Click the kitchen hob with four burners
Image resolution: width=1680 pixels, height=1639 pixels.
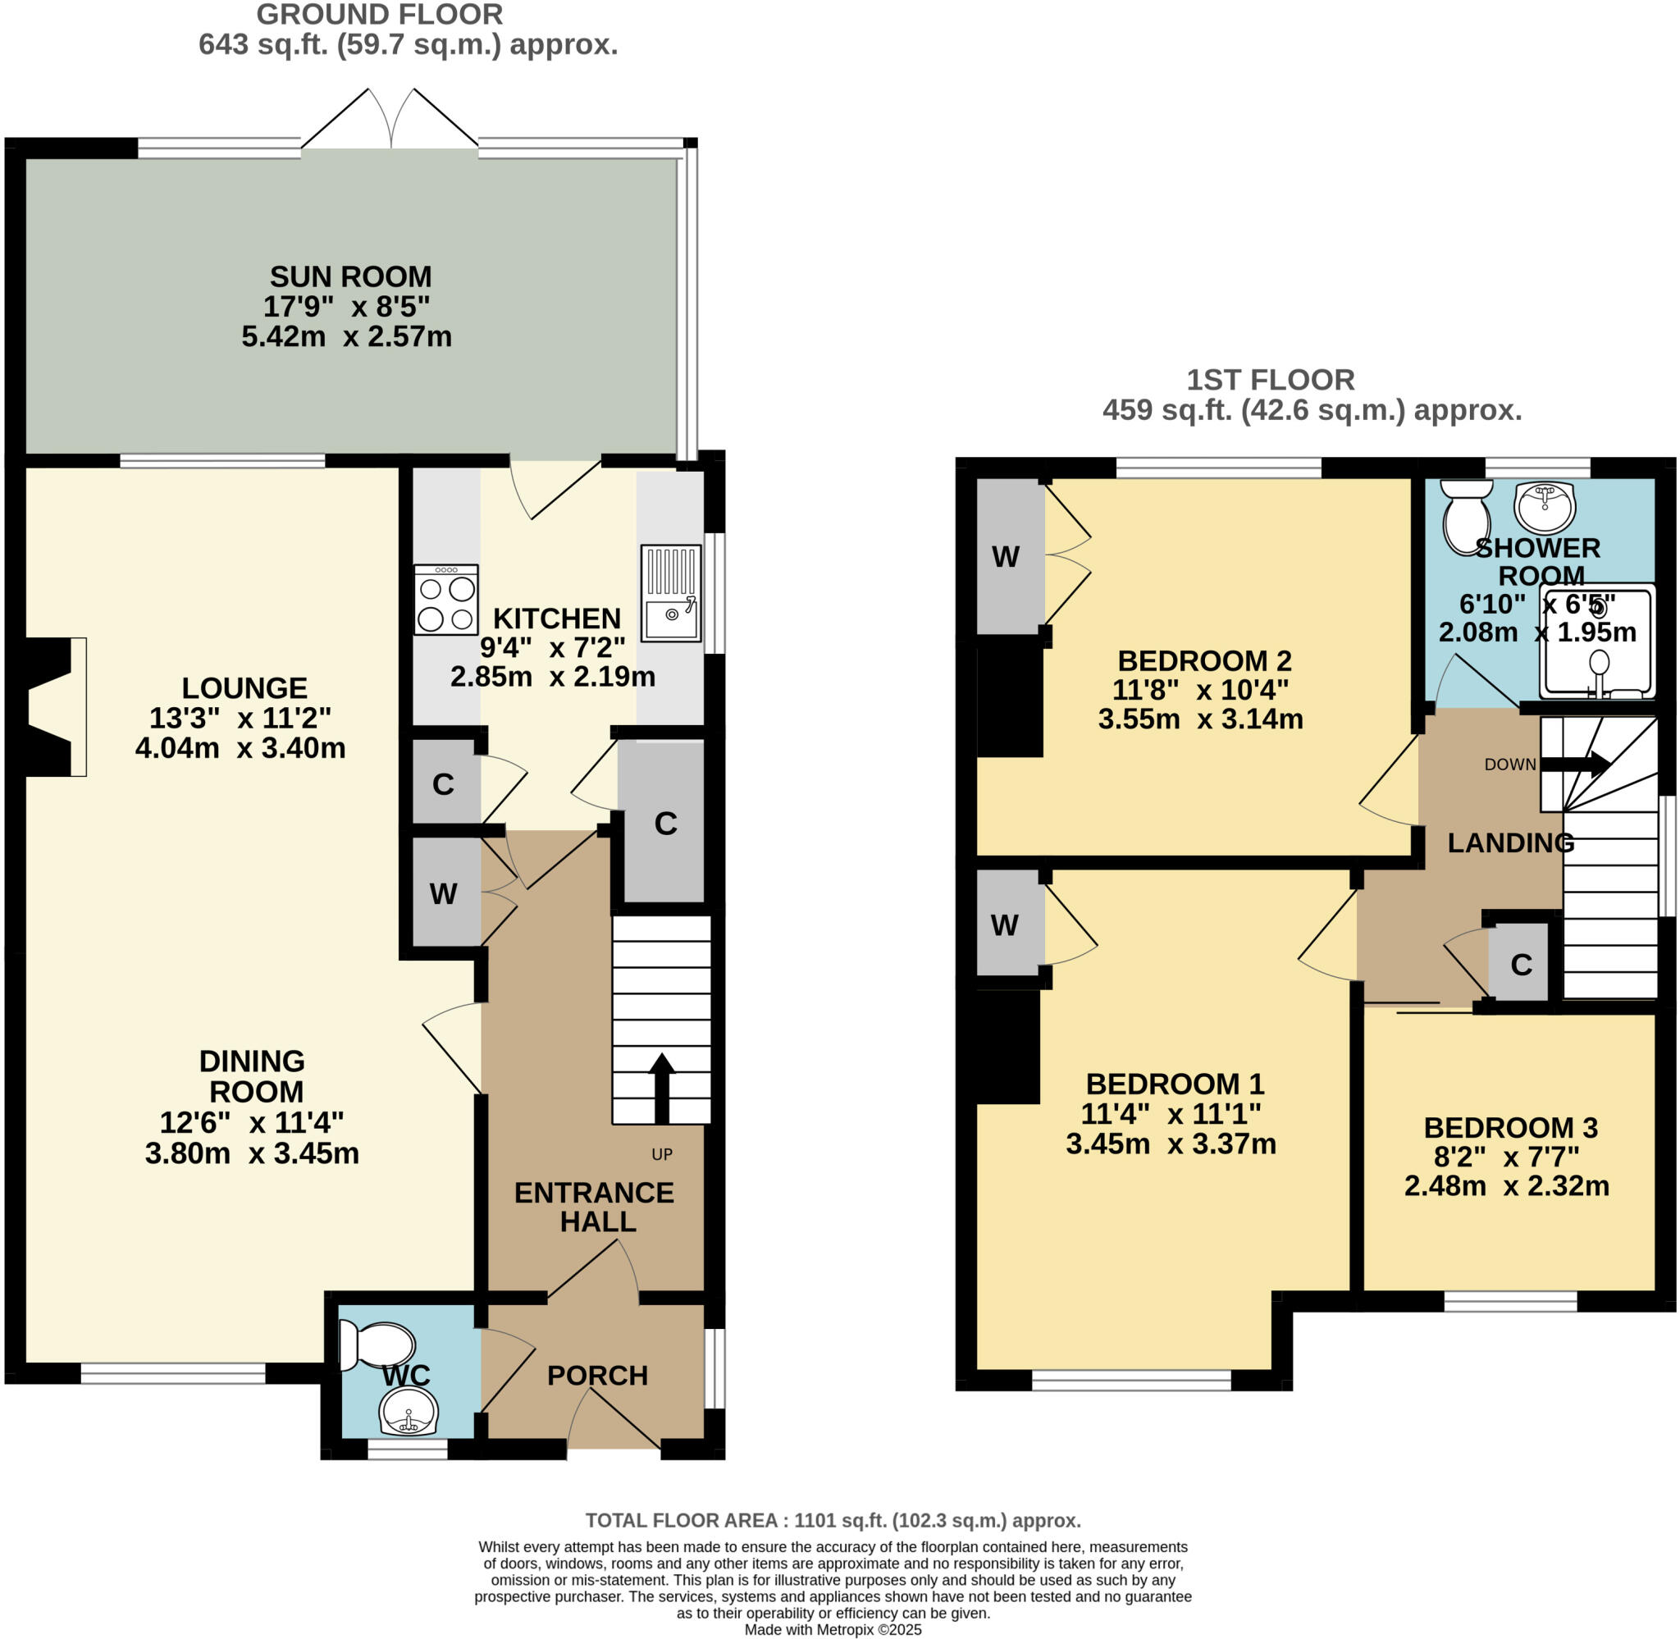click(x=445, y=599)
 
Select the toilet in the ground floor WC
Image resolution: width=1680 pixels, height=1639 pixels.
click(x=377, y=1345)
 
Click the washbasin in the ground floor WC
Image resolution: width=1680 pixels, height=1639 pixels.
click(x=409, y=1411)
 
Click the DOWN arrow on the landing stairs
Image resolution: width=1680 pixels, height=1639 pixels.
click(x=1574, y=764)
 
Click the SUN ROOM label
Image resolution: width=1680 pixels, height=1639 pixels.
click(x=350, y=276)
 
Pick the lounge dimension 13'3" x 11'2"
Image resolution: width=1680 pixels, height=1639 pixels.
click(x=240, y=717)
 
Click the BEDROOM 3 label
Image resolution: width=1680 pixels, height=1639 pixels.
click(x=1510, y=1127)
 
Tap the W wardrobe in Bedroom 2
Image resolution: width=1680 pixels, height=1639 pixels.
click(x=1005, y=557)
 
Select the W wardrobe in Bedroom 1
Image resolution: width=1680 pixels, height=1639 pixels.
click(x=1004, y=925)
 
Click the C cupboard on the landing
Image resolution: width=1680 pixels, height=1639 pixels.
click(x=1521, y=964)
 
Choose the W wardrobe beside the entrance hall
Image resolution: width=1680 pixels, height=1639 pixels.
click(x=443, y=893)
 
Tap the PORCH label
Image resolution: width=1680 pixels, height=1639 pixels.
click(x=597, y=1376)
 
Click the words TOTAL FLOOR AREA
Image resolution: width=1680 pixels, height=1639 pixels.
click(x=683, y=1520)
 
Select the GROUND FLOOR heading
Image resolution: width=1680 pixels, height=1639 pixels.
click(x=380, y=15)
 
